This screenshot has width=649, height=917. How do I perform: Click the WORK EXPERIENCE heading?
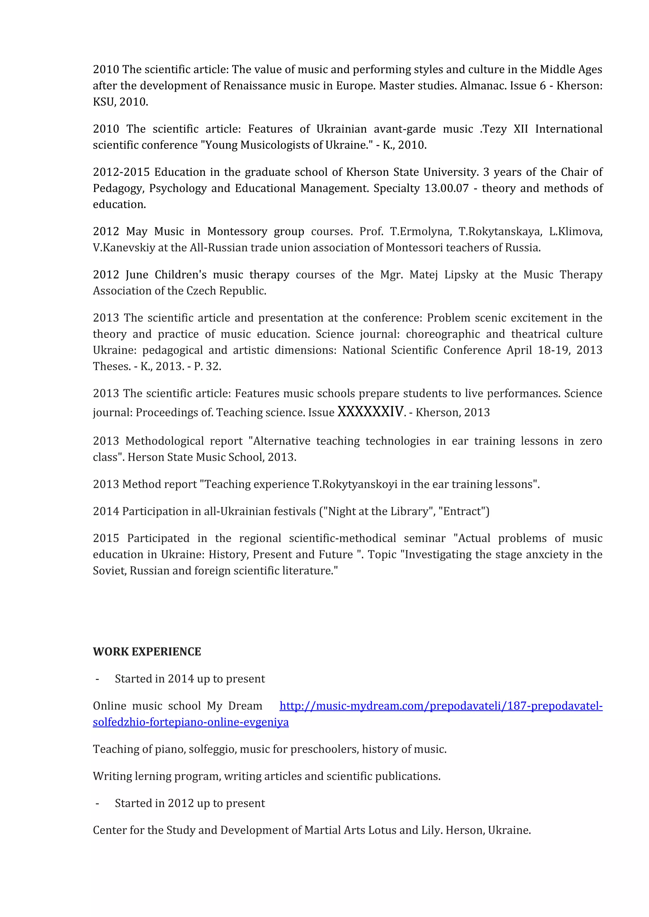tap(147, 651)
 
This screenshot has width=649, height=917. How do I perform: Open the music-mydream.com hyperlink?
tap(441, 706)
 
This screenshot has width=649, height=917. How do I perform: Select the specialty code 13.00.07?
tap(447, 188)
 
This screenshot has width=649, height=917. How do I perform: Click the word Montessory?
tap(237, 232)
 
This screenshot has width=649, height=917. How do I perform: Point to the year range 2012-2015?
tap(121, 172)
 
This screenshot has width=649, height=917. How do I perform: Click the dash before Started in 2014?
tap(97, 679)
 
